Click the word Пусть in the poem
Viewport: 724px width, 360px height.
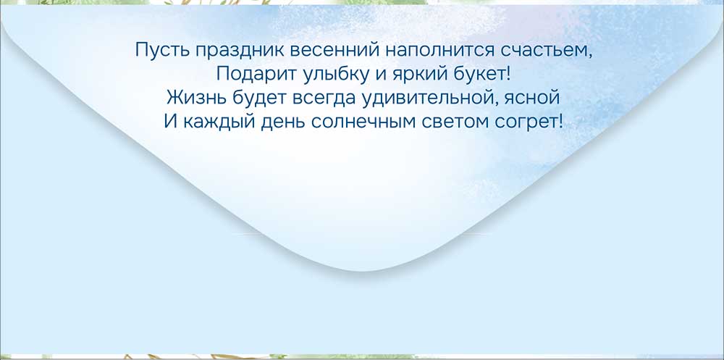coord(162,50)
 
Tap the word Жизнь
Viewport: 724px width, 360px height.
coord(196,98)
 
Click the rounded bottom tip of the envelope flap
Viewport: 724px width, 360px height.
coord(361,271)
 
